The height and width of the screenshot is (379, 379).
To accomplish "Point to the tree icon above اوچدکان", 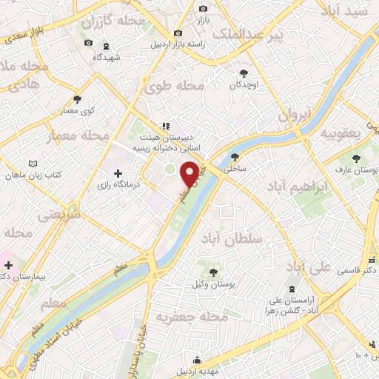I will pos(244,73).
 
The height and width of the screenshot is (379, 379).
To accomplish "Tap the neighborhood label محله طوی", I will pos(175,86).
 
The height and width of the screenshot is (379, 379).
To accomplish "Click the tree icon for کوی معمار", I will pos(78,98).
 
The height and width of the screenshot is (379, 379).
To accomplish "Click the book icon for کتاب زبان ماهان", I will pos(31,164).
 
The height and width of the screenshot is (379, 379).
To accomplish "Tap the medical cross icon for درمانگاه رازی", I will pos(118,172).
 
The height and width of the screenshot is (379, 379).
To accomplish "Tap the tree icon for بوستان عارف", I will pos(357,158).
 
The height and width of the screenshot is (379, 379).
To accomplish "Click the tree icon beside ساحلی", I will pos(235,156).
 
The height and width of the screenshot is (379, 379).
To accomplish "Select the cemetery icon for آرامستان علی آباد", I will pos(290,289).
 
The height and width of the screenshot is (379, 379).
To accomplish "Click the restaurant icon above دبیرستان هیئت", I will pos(167,126).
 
